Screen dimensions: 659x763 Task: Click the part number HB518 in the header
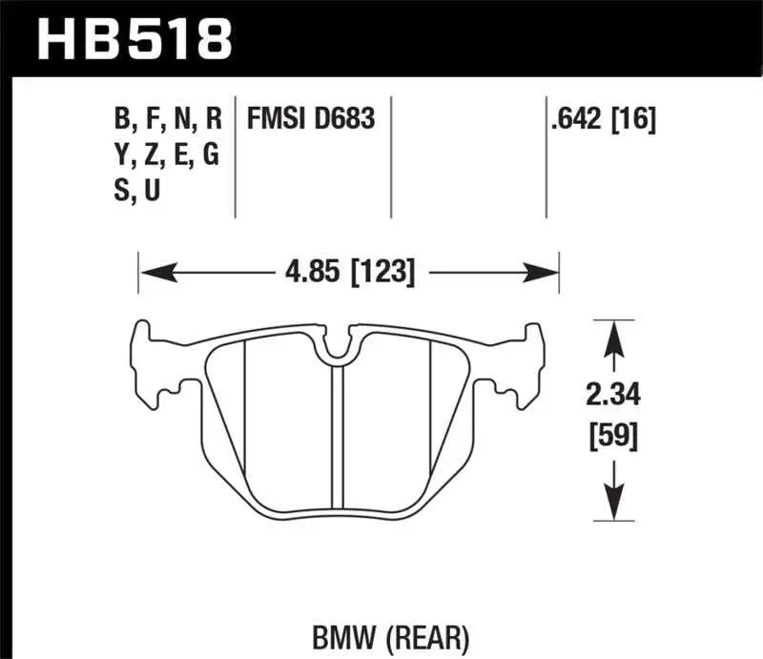click(134, 39)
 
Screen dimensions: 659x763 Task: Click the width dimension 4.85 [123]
click(348, 273)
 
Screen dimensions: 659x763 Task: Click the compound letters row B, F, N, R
click(168, 119)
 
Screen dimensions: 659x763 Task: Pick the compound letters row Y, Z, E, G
click(168, 155)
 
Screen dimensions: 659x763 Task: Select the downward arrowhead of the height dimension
click(613, 506)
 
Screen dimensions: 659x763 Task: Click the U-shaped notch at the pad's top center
click(336, 351)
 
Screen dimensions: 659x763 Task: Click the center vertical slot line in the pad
click(336, 439)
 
